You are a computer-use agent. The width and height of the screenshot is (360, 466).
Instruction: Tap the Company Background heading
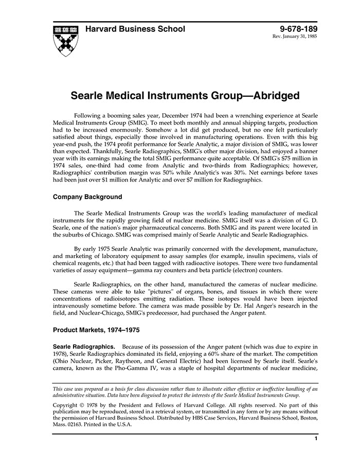pyautogui.click(x=87, y=197)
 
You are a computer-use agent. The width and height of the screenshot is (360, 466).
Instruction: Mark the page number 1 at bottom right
pyautogui.click(x=315, y=438)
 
